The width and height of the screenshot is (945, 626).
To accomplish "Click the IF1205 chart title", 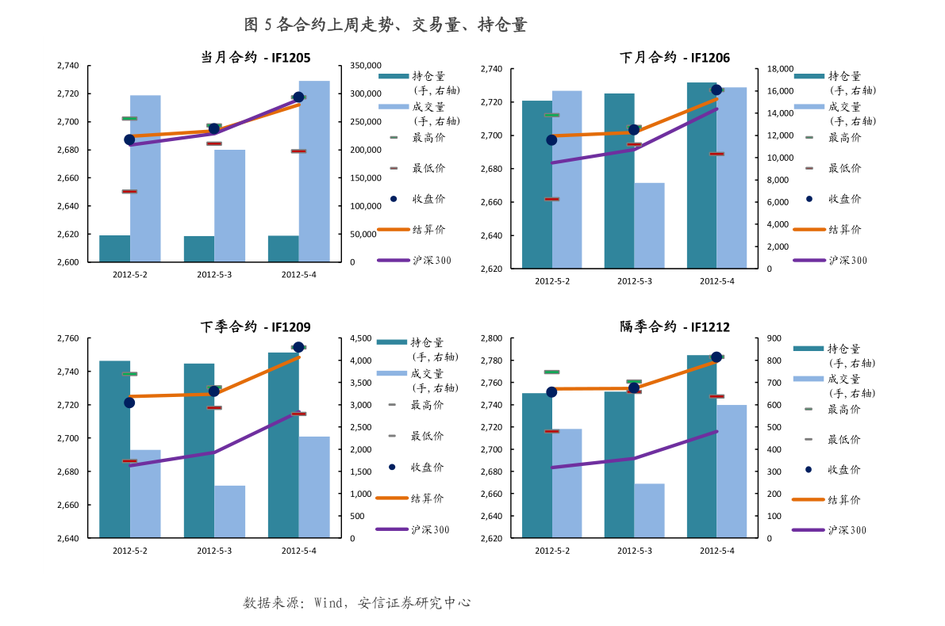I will click(255, 58).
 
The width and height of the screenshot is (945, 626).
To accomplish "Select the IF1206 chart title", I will click(674, 58).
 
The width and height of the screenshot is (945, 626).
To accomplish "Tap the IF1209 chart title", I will click(255, 326).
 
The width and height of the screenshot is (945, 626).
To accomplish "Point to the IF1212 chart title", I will click(674, 326).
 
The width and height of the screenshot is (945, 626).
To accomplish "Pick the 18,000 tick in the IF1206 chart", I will click(780, 69).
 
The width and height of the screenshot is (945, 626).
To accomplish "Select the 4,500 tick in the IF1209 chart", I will click(361, 338).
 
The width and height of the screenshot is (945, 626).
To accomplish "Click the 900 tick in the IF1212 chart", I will click(773, 338).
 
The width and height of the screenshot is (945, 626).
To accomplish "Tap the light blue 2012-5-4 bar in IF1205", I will click(314, 170).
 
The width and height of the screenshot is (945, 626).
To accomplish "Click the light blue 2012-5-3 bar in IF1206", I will click(649, 226).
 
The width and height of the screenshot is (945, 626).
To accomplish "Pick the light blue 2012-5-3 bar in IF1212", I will click(649, 510).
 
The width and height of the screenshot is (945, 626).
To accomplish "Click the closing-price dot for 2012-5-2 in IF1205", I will click(129, 139).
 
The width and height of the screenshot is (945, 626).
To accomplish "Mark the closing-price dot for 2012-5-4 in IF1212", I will click(716, 357).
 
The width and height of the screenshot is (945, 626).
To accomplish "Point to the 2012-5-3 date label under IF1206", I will click(635, 281).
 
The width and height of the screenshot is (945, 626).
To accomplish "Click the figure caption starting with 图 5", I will click(386, 25).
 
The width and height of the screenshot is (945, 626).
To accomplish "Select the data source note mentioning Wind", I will click(357, 603).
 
